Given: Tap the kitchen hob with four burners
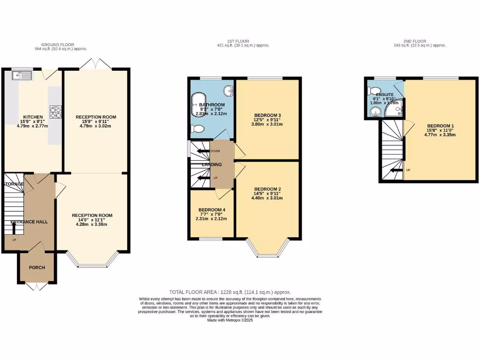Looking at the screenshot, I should (x=56, y=112).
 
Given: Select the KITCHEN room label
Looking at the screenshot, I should (x=33, y=117).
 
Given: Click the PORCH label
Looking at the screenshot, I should (x=37, y=268).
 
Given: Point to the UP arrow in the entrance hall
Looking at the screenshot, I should (x=14, y=228).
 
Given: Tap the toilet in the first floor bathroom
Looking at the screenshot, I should (x=198, y=129).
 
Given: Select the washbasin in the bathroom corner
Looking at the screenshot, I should (x=228, y=90).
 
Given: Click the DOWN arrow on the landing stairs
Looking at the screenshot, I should (x=204, y=151).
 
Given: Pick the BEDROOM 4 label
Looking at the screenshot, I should (x=212, y=210).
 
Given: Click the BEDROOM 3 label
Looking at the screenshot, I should (x=268, y=115).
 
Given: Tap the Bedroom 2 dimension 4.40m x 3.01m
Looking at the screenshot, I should (x=268, y=198).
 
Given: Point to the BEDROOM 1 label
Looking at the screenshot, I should (x=441, y=125).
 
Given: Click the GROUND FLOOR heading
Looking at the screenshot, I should (x=61, y=45).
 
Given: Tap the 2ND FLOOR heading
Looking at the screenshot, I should (x=420, y=41).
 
